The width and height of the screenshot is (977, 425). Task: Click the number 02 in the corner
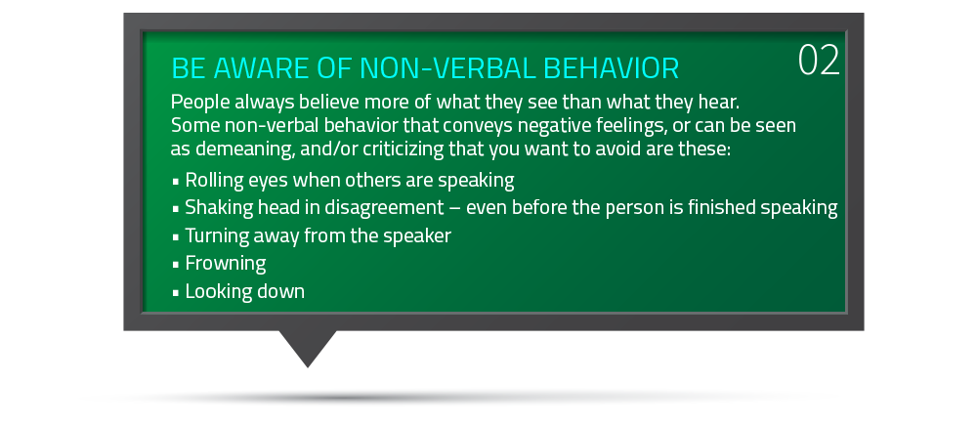[819, 61]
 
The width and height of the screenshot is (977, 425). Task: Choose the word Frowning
[226, 264]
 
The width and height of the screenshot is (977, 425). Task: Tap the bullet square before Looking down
[176, 292]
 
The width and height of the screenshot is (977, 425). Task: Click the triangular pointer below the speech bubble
[307, 347]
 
